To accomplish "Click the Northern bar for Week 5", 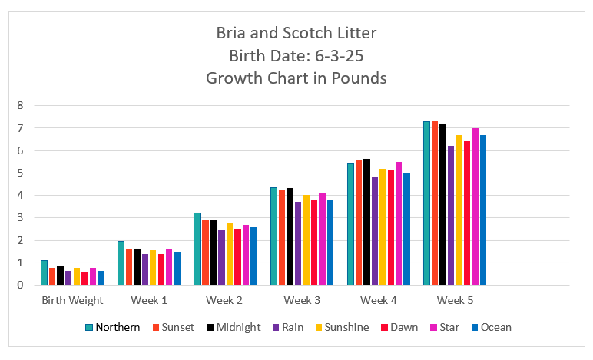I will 427,203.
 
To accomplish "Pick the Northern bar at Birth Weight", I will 44,273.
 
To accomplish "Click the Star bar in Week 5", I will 475,206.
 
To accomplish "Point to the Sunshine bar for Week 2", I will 229,254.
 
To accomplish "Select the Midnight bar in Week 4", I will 366,222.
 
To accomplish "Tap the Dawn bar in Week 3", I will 314,243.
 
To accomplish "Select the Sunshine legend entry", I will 343,327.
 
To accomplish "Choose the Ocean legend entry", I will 490,327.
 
